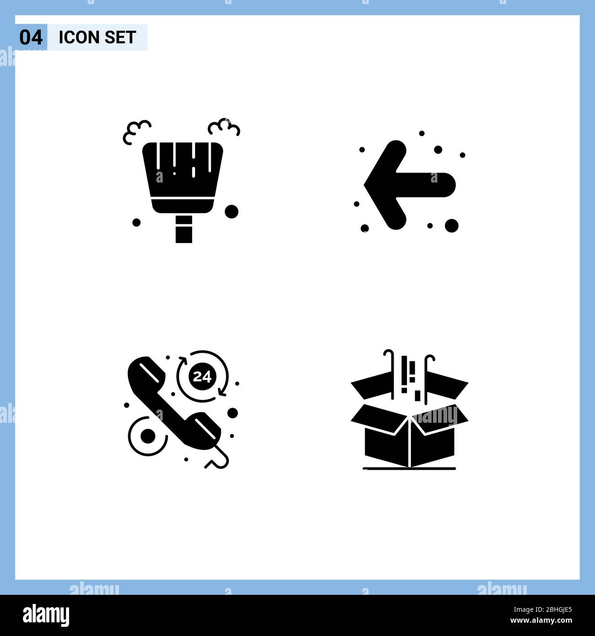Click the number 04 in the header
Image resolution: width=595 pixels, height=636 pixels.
point(31,38)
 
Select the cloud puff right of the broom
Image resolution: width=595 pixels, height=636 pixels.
point(224,127)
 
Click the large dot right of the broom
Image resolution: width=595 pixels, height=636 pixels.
point(232,211)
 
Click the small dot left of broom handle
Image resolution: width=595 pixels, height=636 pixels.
point(136,222)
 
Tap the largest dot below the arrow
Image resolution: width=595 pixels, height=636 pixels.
point(451,225)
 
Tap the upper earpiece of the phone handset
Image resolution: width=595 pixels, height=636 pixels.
point(146,373)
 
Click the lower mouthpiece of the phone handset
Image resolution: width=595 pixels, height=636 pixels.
point(206,427)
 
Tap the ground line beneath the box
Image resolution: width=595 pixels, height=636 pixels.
point(409,469)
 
